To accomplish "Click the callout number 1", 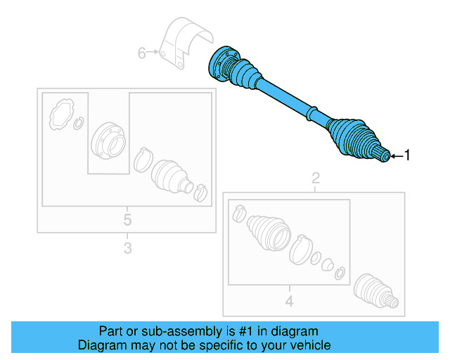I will [x=405, y=156].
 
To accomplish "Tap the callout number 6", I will [x=141, y=53].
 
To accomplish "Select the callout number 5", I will [x=127, y=220].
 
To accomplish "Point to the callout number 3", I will [x=127, y=247].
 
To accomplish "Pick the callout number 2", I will [x=316, y=177].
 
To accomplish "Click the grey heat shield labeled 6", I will [x=185, y=46].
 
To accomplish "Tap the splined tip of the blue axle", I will [x=383, y=156].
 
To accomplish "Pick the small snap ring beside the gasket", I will [x=79, y=124].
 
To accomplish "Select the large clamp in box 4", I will [x=300, y=250].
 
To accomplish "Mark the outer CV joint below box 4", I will [x=375, y=291].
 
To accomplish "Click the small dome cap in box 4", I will [x=327, y=265].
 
